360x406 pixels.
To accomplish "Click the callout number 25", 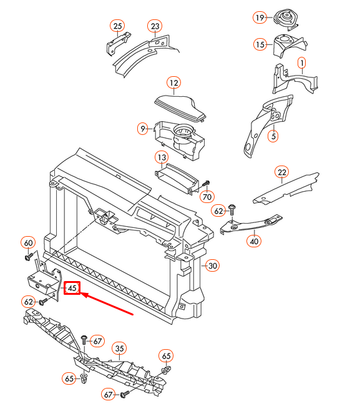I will [117, 26].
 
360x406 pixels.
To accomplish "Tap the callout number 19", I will [260, 18].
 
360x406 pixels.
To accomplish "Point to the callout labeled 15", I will [260, 44].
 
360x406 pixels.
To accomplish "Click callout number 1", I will [301, 63].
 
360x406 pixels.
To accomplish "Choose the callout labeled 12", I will [173, 82].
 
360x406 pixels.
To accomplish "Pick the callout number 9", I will [144, 129].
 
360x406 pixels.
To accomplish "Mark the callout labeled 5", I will [272, 135].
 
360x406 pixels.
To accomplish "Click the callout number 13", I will [162, 157].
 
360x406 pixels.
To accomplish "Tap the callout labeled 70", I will [207, 197].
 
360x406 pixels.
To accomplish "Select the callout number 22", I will [281, 172].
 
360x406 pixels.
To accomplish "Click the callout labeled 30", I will [213, 265].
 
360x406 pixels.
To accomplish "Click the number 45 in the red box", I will [72, 288].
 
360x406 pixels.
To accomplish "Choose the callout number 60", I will [28, 242].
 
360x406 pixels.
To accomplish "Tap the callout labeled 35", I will [119, 349].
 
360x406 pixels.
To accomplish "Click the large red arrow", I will [109, 304].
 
